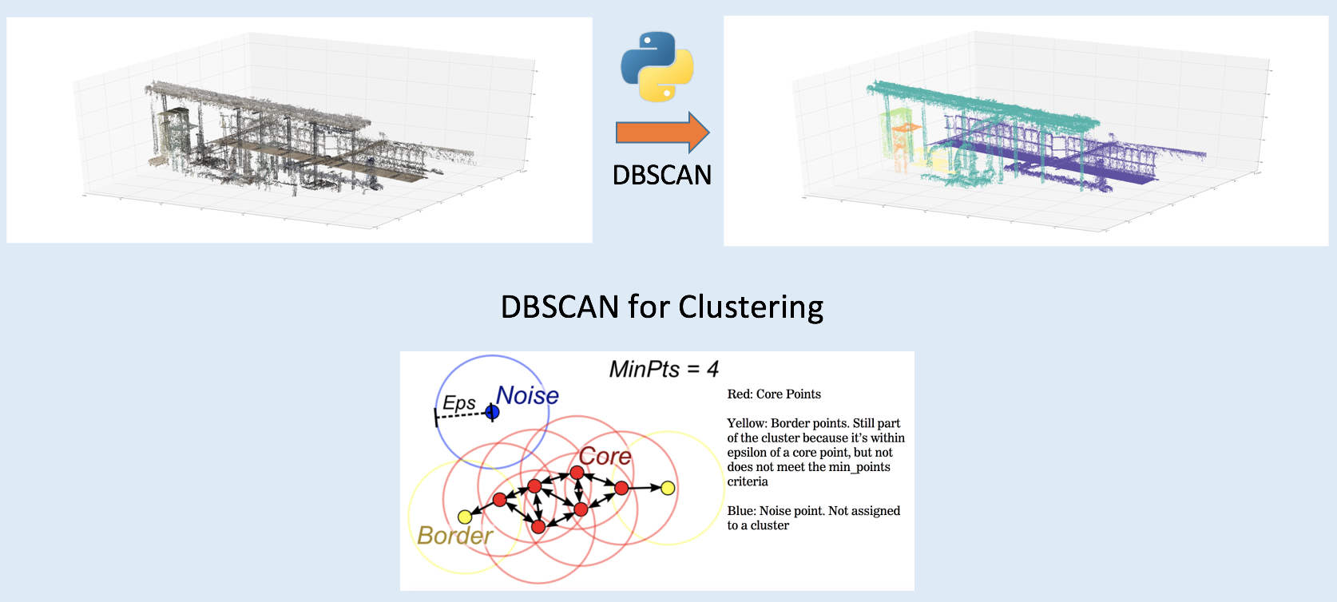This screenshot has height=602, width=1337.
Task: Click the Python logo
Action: (x=657, y=66)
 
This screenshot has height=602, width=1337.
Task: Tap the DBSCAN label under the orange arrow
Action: (x=662, y=175)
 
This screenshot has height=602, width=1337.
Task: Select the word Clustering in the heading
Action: (x=751, y=307)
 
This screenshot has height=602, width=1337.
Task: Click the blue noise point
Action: (x=492, y=412)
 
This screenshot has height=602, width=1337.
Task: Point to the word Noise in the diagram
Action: (x=527, y=395)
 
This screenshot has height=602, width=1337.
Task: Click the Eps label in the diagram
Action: (x=459, y=403)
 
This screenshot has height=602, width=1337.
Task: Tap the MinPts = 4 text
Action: (x=664, y=370)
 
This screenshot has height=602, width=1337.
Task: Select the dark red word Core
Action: (x=605, y=457)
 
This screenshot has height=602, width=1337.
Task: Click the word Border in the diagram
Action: (x=454, y=535)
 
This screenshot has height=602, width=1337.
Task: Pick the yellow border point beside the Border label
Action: (x=465, y=517)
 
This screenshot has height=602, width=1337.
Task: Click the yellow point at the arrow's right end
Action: (x=668, y=488)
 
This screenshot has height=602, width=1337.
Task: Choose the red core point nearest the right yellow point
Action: (x=621, y=488)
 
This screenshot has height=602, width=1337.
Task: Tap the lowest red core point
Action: (x=538, y=527)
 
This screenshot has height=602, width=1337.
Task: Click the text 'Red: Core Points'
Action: (x=774, y=394)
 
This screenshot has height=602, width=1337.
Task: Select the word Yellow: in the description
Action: (x=747, y=424)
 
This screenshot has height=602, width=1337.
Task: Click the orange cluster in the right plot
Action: (x=906, y=127)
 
